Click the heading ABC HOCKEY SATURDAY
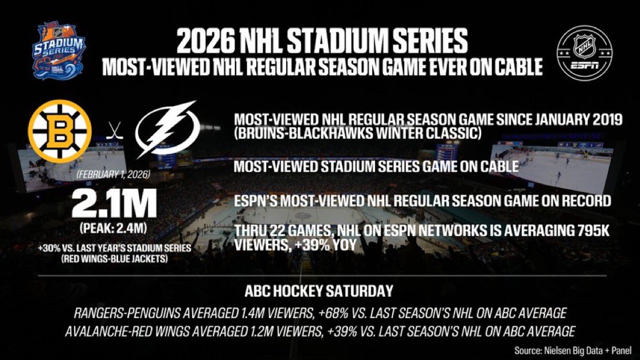click(320, 291)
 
